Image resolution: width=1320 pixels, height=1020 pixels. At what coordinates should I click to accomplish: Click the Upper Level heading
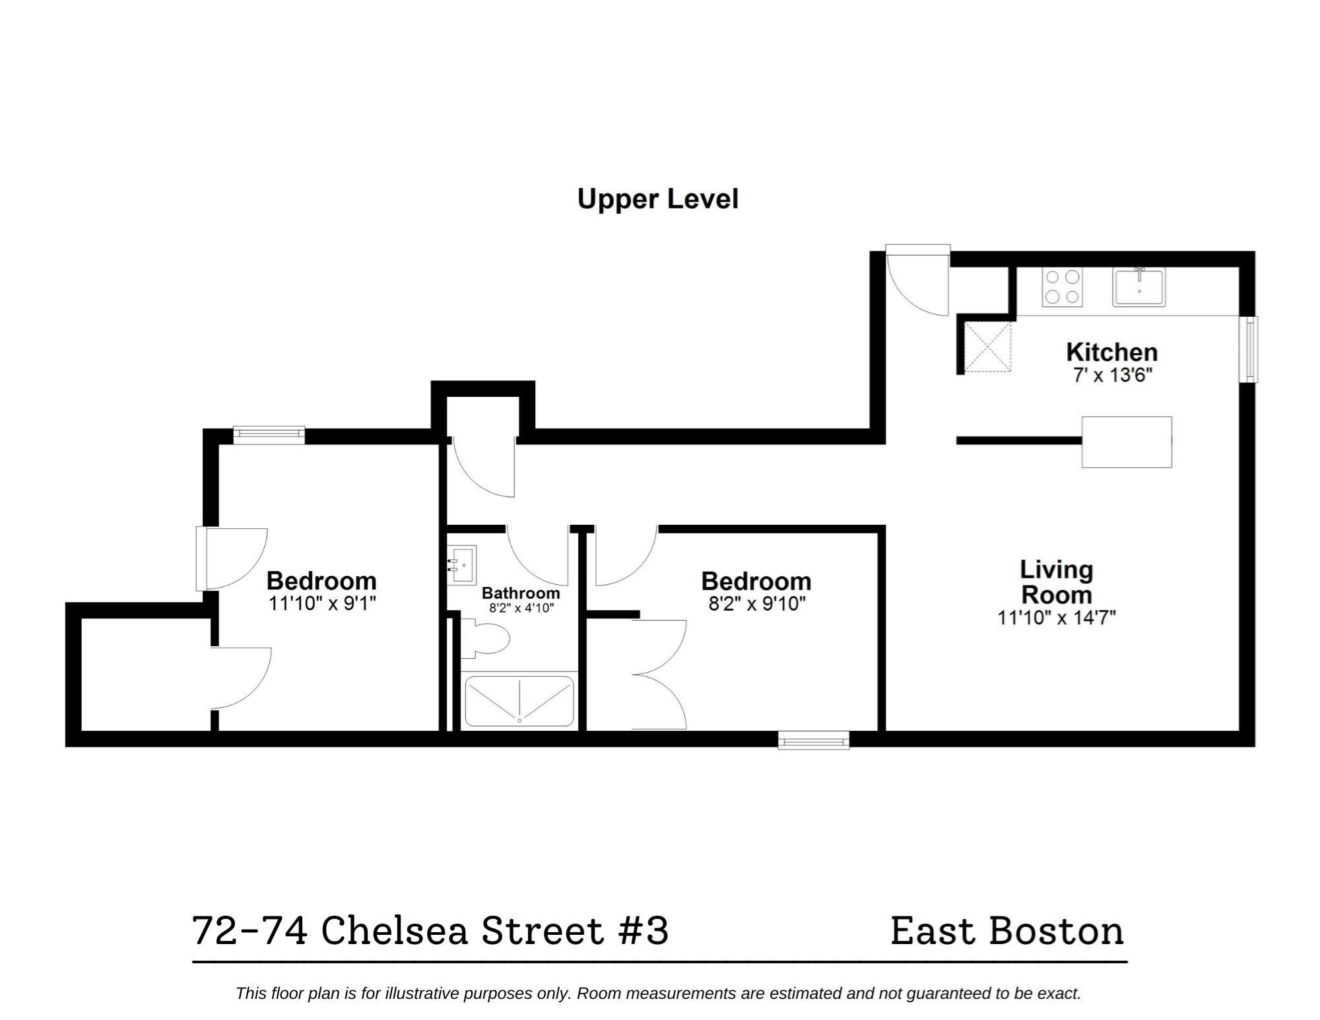point(657,199)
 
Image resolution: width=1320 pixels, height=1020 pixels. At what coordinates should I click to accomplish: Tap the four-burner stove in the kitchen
point(1062,287)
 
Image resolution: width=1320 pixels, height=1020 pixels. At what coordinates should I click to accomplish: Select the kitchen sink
point(1138,287)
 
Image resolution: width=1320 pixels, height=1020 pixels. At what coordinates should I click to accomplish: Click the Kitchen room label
point(1111,352)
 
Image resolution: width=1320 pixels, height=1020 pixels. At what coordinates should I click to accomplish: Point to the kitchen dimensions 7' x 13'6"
point(1112,376)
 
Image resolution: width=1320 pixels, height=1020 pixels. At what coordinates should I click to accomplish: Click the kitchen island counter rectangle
point(1126,442)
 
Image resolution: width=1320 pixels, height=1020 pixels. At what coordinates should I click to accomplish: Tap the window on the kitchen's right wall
point(1249,349)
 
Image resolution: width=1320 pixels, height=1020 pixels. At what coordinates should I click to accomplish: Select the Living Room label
point(1056,582)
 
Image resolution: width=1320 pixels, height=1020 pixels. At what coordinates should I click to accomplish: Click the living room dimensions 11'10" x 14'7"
point(1056,618)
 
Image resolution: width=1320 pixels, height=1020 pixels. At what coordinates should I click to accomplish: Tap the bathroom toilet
point(486,638)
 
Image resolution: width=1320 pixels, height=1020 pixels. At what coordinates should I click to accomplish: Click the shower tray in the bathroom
point(519,700)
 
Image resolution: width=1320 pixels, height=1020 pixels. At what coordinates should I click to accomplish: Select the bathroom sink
point(462,565)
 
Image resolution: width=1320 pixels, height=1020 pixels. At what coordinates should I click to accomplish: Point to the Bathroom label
point(520,592)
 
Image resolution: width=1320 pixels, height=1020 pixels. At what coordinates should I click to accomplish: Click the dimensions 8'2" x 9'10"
point(756,603)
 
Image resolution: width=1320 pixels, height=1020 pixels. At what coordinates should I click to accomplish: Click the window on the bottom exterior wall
point(813,741)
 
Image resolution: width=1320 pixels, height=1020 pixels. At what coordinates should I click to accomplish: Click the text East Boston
point(1006,931)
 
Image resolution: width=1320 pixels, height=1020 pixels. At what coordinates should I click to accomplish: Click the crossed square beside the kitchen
point(987,347)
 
